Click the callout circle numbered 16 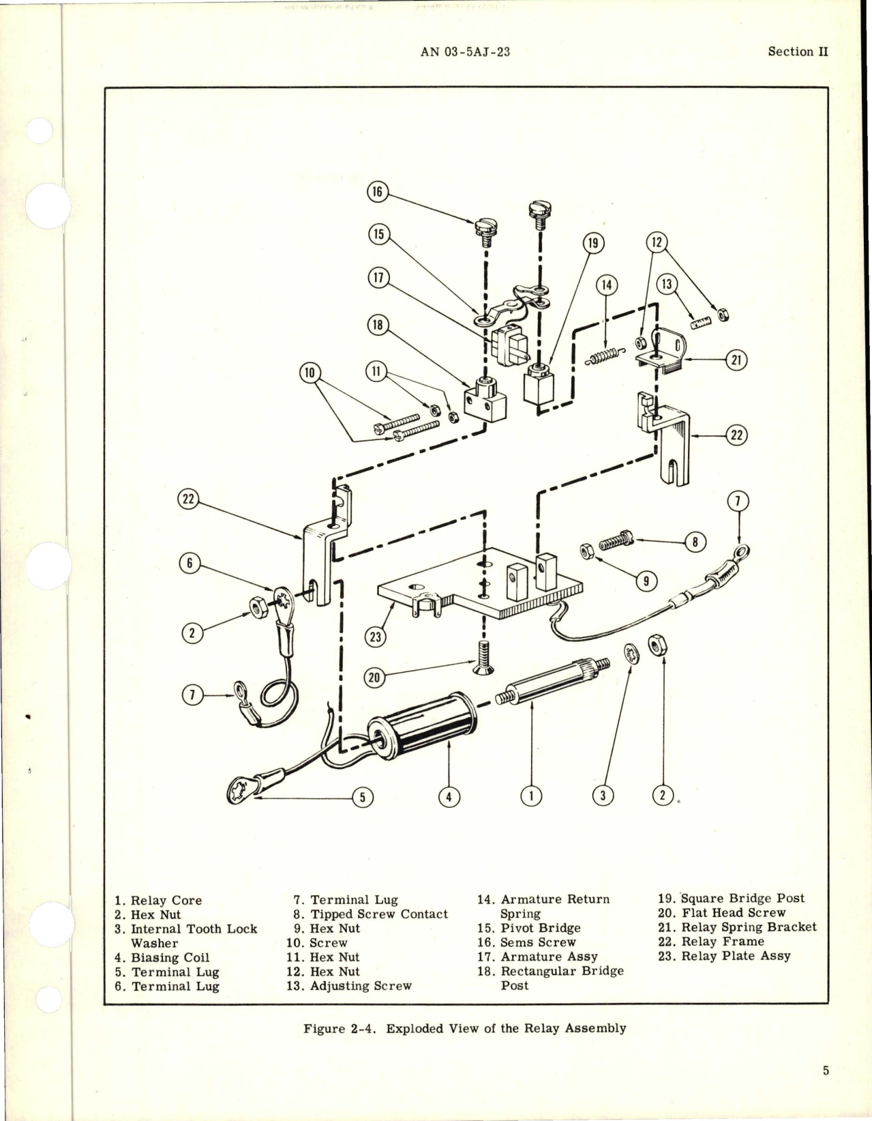(x=376, y=193)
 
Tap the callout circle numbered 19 (x=593, y=243)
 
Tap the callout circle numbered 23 (x=375, y=637)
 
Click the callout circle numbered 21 (x=736, y=360)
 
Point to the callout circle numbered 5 (x=362, y=798)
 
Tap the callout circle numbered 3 (x=603, y=795)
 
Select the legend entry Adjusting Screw (x=361, y=985)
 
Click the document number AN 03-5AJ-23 (x=466, y=52)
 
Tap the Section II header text (x=798, y=52)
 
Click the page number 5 (x=825, y=1071)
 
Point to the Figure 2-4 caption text (x=464, y=1028)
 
